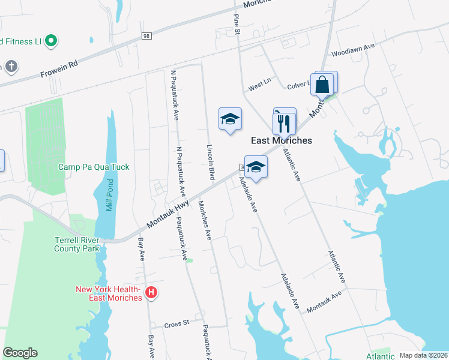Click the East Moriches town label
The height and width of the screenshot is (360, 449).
[x=282, y=140]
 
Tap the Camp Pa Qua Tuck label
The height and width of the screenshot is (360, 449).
[x=94, y=167]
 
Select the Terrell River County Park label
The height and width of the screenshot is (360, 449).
[x=76, y=244]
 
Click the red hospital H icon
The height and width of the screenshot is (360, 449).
[x=152, y=293]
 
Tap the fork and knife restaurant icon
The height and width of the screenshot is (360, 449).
[x=284, y=123]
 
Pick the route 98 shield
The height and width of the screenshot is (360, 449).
[x=146, y=37]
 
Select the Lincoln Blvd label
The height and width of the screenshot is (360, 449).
[x=211, y=163]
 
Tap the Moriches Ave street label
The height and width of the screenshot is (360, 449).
[x=205, y=221]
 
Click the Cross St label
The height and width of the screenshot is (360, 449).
[x=177, y=324]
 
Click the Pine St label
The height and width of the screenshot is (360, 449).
[x=237, y=24]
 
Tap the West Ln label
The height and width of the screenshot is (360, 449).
[x=259, y=86]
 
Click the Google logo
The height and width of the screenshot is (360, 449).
[x=20, y=353]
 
